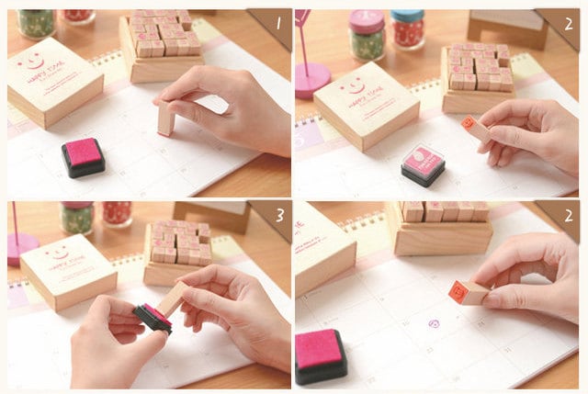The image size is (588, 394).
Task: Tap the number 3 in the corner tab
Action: tap(275, 216)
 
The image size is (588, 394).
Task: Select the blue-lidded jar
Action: tap(406, 28)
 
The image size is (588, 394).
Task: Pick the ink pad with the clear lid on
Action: tap(423, 163)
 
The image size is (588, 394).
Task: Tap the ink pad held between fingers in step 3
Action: tap(153, 317)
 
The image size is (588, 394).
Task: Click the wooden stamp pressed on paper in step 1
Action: tap(165, 118)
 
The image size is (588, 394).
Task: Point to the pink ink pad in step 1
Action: tap(84, 155)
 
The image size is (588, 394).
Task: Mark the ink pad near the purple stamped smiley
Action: tap(321, 354)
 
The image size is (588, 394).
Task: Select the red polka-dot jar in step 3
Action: tap(117, 213)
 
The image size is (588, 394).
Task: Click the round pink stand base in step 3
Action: tap(20, 249)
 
